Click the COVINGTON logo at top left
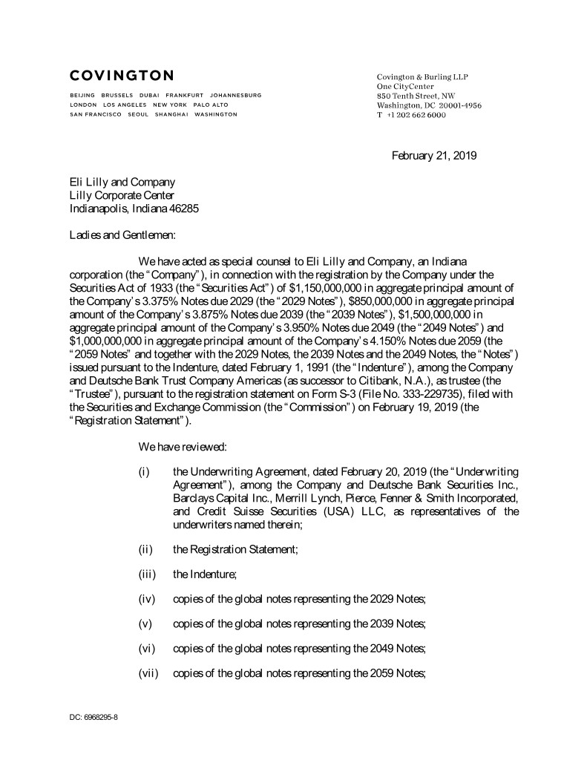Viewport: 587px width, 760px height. pyautogui.click(x=122, y=75)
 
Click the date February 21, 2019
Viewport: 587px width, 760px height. pyautogui.click(x=434, y=156)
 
